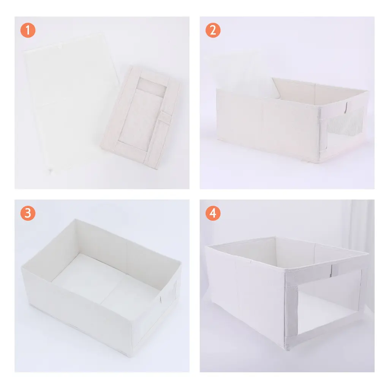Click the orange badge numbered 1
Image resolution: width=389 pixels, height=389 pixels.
[28, 30]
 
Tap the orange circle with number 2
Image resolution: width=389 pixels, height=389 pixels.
[213, 30]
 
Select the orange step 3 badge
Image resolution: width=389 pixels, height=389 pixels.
[28, 213]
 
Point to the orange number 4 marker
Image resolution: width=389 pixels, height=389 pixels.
[213, 213]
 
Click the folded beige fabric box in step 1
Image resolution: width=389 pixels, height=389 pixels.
[141, 117]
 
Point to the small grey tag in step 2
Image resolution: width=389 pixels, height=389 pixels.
[346, 108]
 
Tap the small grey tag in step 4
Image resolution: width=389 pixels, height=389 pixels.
[331, 270]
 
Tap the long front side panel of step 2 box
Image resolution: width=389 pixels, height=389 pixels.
[268, 124]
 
